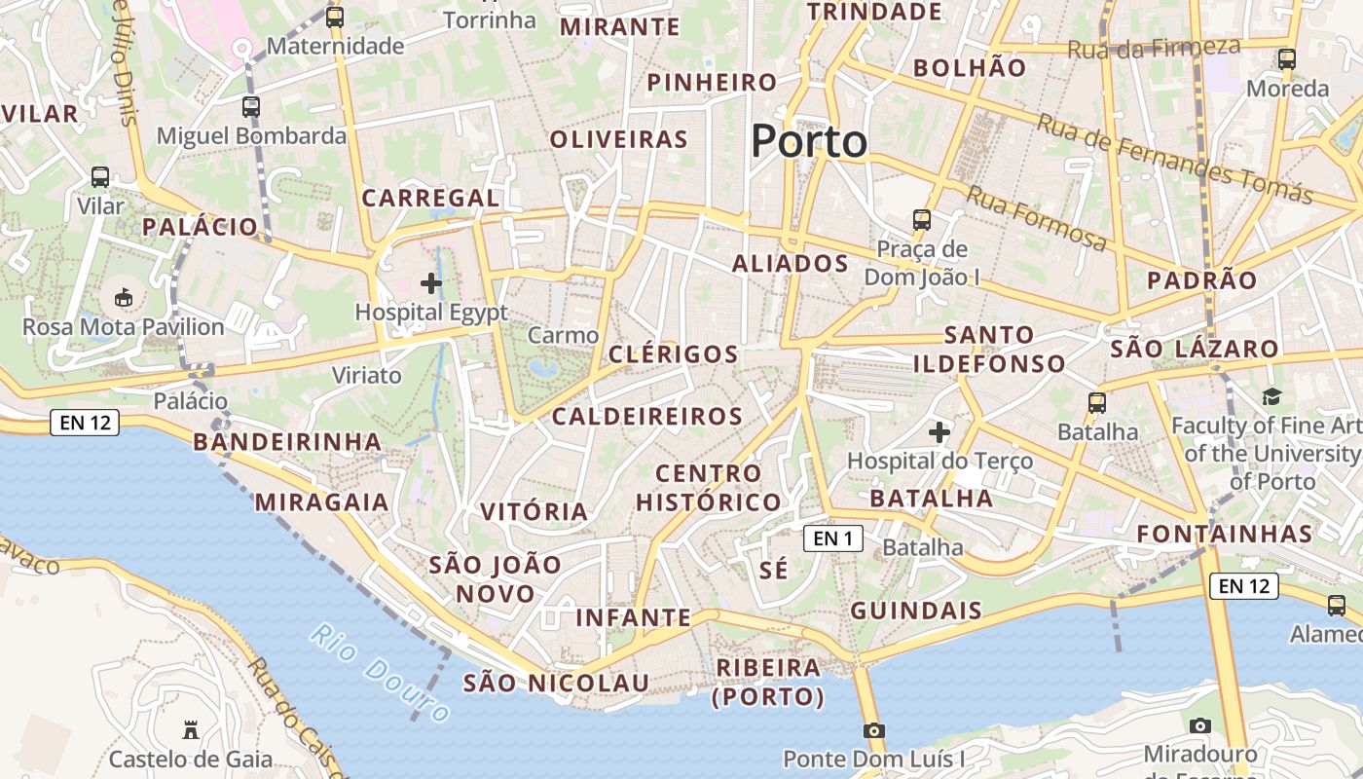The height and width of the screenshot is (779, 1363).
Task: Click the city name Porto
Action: click(x=808, y=141)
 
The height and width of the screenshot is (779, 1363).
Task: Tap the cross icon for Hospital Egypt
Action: click(x=430, y=283)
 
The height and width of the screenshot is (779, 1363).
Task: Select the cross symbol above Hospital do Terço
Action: click(x=939, y=430)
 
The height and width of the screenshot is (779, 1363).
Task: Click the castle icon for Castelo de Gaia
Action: click(x=191, y=729)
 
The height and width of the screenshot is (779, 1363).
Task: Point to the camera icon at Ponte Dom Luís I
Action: click(x=874, y=730)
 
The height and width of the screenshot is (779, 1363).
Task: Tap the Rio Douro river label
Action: click(x=381, y=672)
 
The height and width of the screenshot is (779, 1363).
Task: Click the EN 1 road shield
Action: click(x=833, y=538)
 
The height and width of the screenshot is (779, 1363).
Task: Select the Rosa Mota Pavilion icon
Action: click(x=124, y=297)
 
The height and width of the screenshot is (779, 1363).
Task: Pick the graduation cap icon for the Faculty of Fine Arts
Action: click(x=1271, y=396)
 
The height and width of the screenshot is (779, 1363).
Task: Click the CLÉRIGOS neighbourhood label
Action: click(x=673, y=354)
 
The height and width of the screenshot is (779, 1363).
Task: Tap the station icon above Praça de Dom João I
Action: click(x=921, y=220)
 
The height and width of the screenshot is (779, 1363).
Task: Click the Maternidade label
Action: click(x=335, y=46)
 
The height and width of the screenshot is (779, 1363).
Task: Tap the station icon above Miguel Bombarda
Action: click(x=251, y=107)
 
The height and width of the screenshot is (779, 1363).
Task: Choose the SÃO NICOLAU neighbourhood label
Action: click(x=555, y=684)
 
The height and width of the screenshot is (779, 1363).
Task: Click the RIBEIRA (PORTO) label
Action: click(x=768, y=682)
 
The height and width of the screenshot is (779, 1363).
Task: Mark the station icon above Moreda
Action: click(x=1287, y=59)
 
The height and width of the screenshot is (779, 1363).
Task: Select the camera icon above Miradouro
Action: click(x=1200, y=725)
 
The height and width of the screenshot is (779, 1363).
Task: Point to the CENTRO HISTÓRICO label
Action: click(x=708, y=488)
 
